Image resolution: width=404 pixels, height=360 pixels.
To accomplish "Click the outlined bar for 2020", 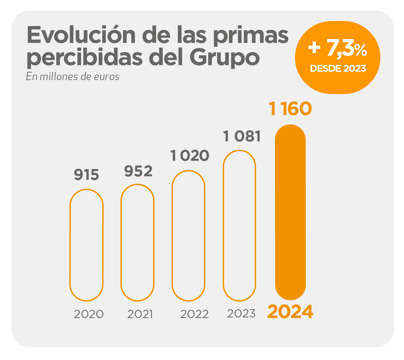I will pos(86,245).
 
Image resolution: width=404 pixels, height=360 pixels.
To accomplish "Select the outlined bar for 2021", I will pos(137,242).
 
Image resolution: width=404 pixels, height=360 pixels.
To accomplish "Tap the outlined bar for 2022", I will pos(188,236).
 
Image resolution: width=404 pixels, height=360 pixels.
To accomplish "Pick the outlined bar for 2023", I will pos(239,225).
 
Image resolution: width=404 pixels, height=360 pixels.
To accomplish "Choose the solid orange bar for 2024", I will pos(290,212).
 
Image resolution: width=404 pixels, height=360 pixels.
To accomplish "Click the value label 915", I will pos(86,175).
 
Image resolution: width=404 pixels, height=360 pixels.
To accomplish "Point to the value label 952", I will pos(138,171).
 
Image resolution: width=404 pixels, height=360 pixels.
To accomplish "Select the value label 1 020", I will pos(190,156).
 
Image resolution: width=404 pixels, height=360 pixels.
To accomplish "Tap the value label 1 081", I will pos(242,136).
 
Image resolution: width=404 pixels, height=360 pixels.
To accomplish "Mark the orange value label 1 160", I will pos(290,109).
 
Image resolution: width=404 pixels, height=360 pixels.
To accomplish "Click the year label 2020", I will pos(89,314).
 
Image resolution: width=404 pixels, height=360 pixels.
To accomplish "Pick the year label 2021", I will pos(140,314).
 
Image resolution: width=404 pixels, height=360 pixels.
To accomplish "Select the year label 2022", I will pos(195,314).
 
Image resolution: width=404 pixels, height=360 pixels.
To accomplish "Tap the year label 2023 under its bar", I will pos(241,314).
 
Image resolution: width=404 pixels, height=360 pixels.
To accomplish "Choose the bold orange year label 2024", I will pos(290,312).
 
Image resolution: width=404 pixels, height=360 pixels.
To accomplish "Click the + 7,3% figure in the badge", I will pos(338,49).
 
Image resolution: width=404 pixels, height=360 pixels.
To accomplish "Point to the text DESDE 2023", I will pos(338,68).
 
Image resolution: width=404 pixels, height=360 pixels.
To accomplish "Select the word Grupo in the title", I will pos(224,58).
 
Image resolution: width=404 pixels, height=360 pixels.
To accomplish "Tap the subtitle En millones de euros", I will pos(73,77).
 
